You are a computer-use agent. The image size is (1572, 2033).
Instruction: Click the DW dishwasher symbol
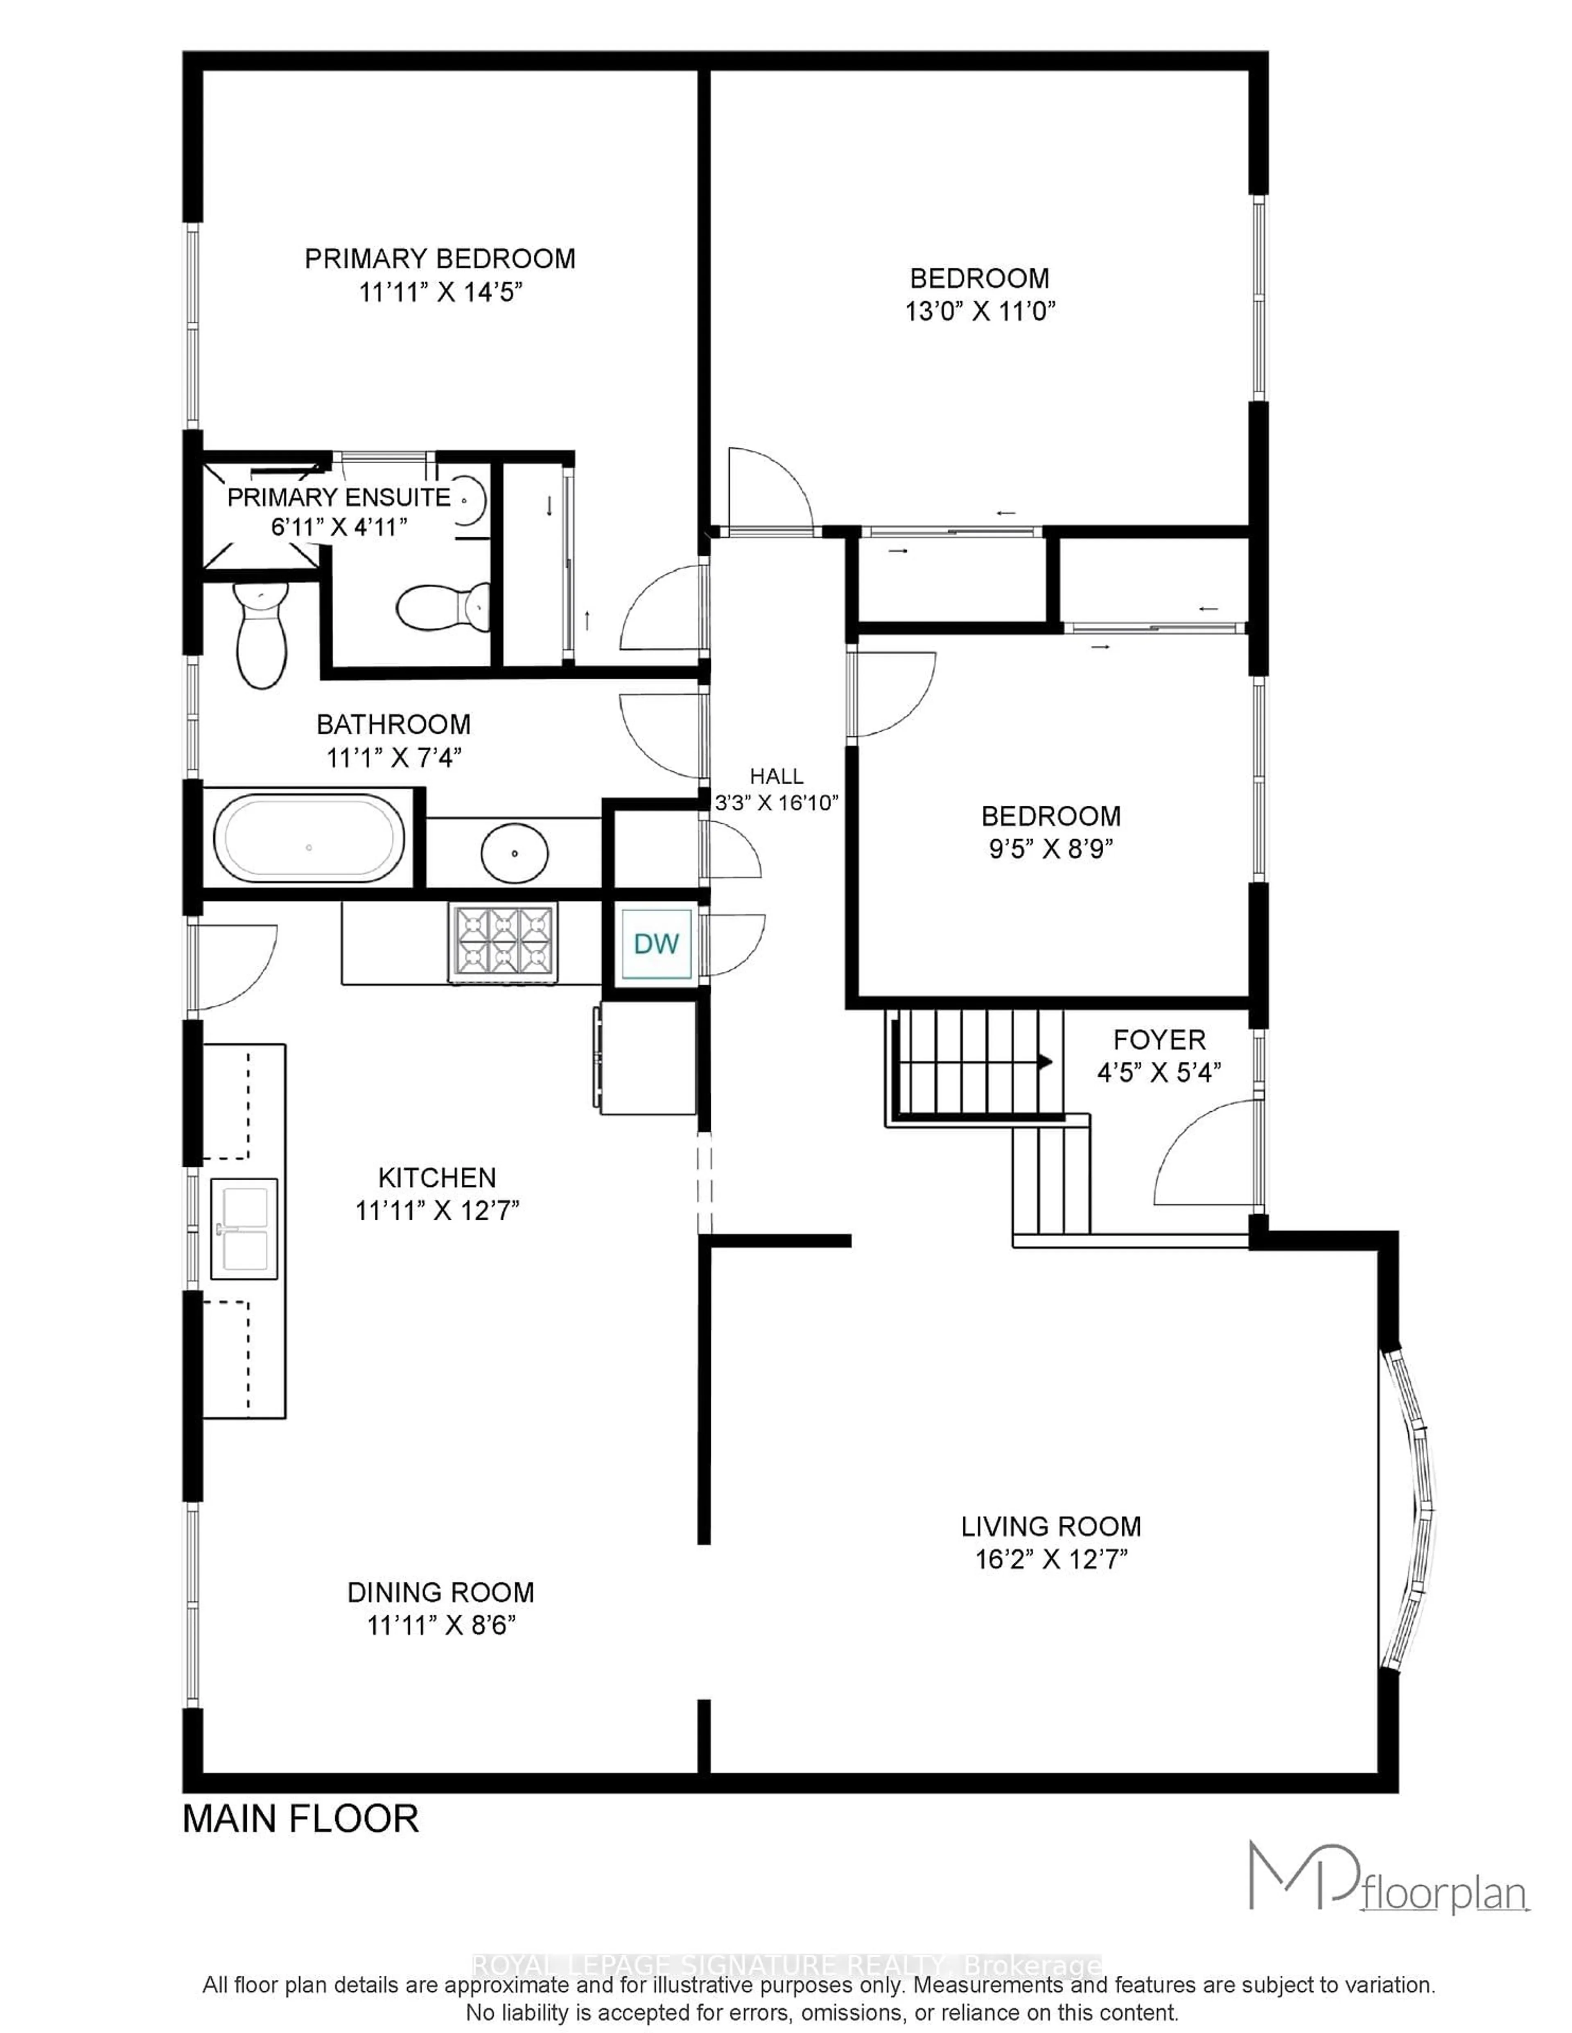[x=657, y=944]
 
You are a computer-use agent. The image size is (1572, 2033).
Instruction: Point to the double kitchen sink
[x=244, y=1229]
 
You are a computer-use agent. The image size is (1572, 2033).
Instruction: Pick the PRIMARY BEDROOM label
[x=440, y=259]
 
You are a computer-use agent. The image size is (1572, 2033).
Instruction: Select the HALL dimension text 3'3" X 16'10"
[x=777, y=802]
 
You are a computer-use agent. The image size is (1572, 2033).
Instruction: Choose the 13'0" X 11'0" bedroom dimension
[x=980, y=311]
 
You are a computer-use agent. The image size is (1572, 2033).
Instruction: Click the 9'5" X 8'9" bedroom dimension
[x=1051, y=849]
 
